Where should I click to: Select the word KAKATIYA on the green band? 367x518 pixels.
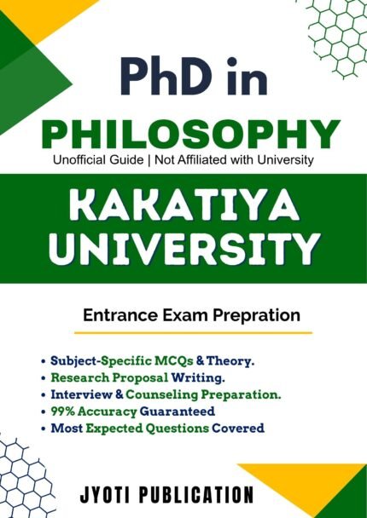pyautogui.click(x=183, y=205)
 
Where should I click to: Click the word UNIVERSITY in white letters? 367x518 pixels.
pyautogui.click(x=183, y=250)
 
